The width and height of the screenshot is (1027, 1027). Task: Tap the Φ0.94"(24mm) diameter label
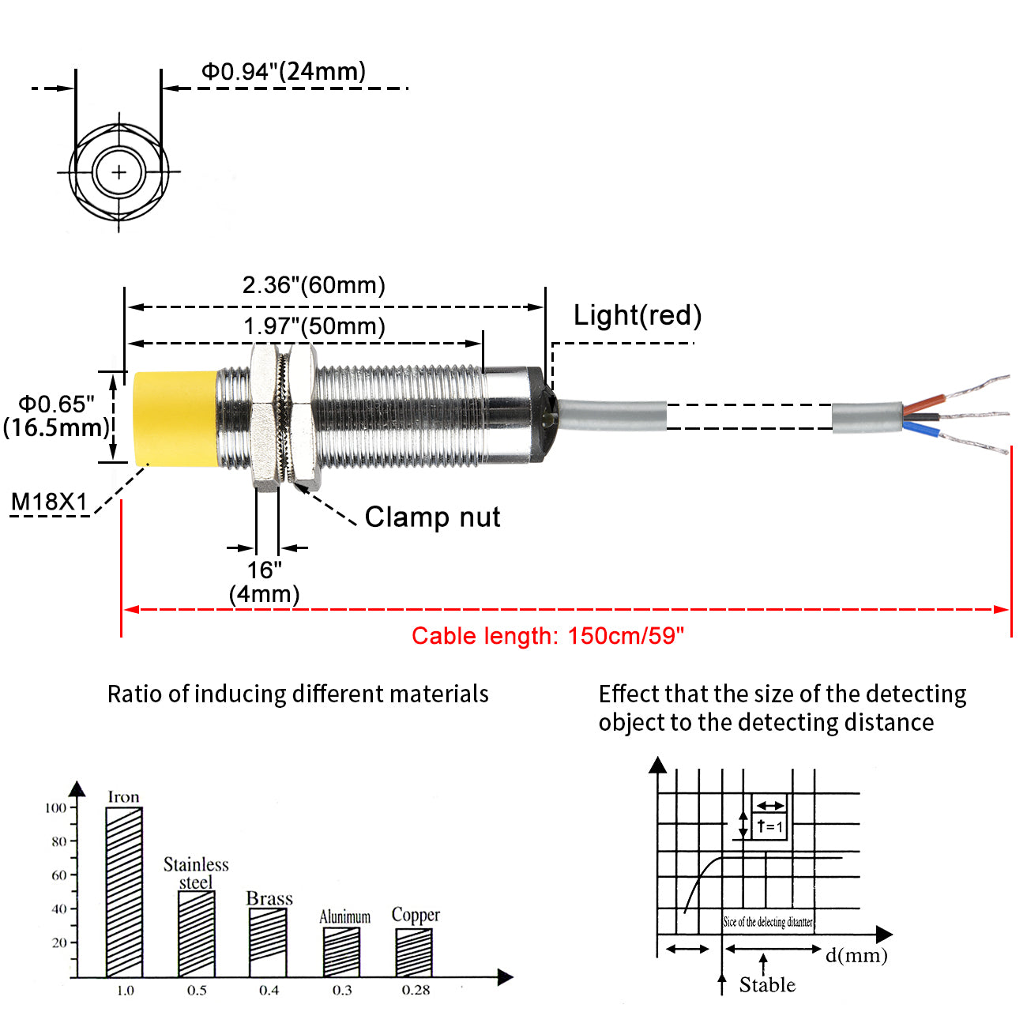coord(284,72)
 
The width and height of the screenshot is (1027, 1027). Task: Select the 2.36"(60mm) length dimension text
coord(314,285)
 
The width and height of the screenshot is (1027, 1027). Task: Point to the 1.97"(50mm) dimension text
coord(314,326)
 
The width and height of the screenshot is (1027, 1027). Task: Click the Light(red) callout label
coord(637,315)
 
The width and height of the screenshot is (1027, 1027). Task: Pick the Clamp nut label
coord(432,517)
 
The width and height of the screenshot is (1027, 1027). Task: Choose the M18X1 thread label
coord(49,502)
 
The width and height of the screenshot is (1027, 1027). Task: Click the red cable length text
coord(547,636)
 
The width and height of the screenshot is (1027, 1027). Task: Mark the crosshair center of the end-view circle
coord(119,171)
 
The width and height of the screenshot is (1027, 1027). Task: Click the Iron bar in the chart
coord(124,892)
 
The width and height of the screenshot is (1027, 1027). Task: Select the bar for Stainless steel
coord(197,934)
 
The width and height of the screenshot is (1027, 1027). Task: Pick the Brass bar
coord(269,942)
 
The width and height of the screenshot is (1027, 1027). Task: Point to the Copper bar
coord(414,952)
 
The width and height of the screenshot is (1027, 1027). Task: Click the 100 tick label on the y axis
coord(56,807)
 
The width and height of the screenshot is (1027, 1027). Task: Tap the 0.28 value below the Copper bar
coord(416,991)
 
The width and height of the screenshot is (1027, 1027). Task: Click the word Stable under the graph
coord(767,985)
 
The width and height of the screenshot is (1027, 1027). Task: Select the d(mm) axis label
coord(856,956)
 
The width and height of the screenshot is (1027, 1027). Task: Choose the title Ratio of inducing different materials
coord(298,694)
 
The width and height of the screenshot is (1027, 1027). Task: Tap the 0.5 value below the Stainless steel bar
coord(197,991)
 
